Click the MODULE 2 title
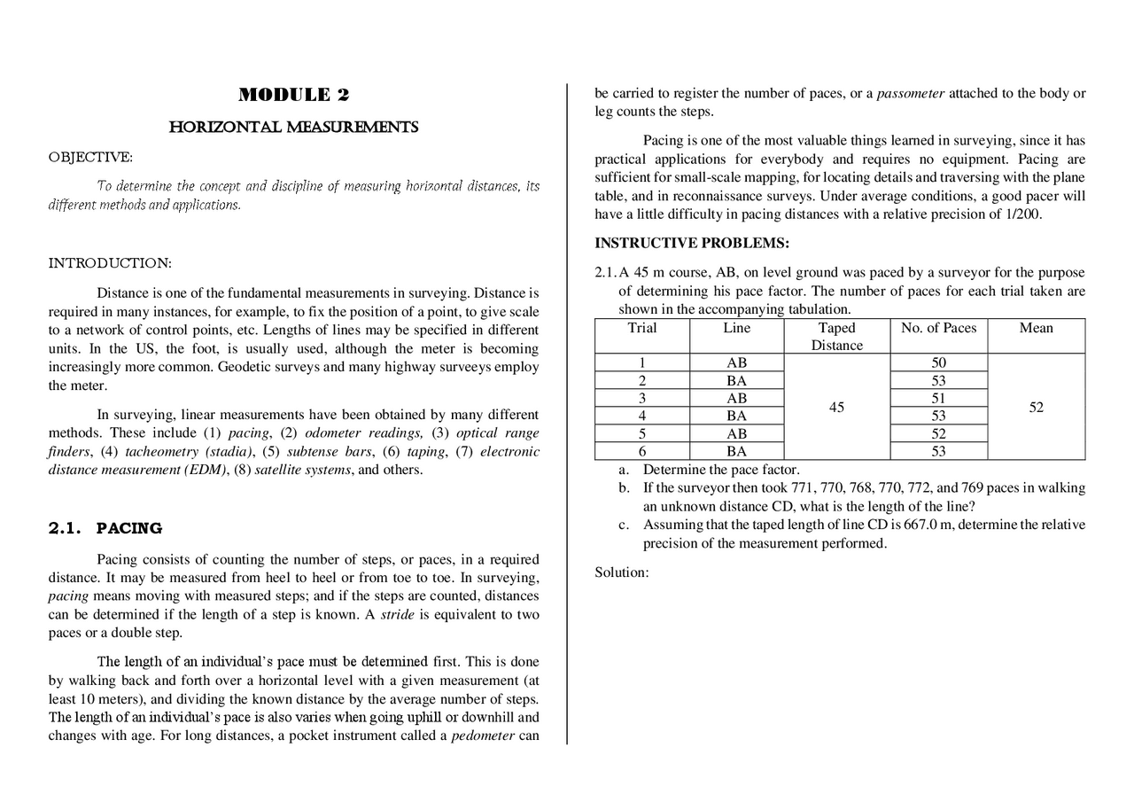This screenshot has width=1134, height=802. [x=293, y=96]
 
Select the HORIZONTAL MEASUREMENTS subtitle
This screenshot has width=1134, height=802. [x=293, y=128]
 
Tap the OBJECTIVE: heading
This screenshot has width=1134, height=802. [x=90, y=158]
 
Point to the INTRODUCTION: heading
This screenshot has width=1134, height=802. [x=109, y=263]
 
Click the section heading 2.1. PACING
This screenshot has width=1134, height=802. [x=105, y=528]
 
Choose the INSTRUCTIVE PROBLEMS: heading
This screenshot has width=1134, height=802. [x=691, y=244]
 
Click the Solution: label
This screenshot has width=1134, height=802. [x=621, y=572]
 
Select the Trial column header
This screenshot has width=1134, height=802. [x=641, y=328]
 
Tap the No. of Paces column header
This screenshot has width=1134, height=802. [x=938, y=328]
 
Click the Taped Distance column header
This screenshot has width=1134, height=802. [x=836, y=337]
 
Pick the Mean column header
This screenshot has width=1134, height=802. [x=1036, y=328]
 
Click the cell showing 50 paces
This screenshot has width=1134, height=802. [x=938, y=362]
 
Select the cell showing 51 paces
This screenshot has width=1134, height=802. [x=938, y=399]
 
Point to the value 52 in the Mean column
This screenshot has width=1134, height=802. [x=1036, y=408]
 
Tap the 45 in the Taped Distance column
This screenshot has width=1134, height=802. [x=836, y=408]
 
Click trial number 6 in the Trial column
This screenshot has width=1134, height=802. [x=641, y=451]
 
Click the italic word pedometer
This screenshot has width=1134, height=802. [x=483, y=736]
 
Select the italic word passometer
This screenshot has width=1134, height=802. [x=910, y=93]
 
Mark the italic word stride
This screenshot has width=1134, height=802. [x=397, y=615]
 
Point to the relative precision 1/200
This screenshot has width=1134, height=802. [x=1023, y=214]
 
